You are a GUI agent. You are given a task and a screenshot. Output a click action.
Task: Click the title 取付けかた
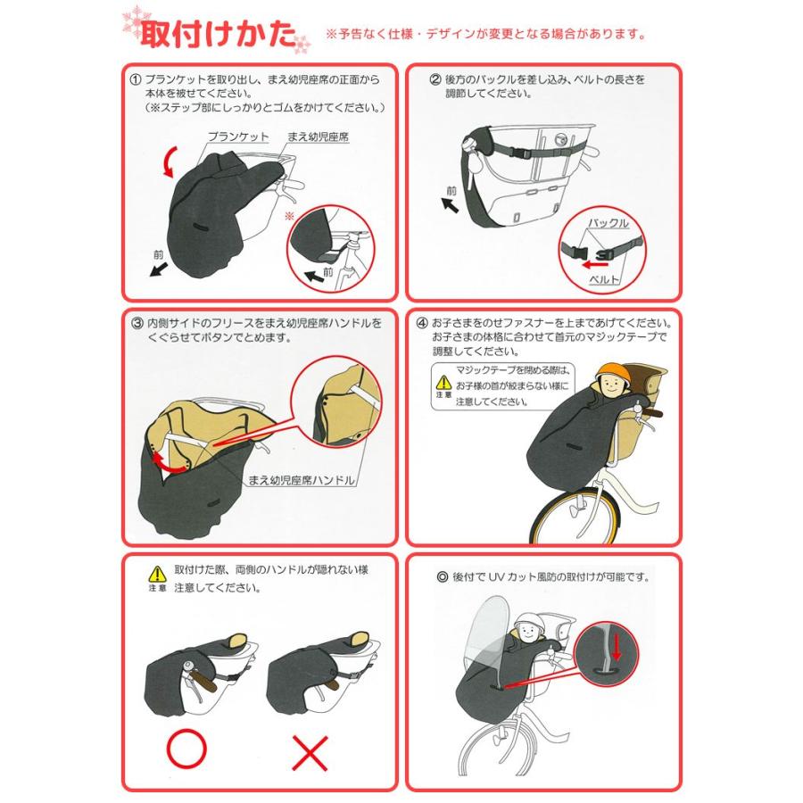[219, 34]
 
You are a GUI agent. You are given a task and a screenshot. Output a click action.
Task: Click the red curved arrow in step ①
[169, 161]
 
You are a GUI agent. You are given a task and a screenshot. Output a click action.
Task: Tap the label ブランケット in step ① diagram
[238, 137]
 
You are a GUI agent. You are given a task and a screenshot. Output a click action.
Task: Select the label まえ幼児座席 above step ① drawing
[318, 137]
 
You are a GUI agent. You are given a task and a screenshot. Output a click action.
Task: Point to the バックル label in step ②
[608, 223]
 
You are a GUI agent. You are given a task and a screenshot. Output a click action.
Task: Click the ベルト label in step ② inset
[604, 279]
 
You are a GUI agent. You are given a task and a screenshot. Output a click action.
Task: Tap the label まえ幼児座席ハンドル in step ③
[302, 480]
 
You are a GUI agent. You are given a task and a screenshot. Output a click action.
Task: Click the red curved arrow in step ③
[169, 462]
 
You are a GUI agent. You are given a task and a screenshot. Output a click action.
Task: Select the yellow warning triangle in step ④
[443, 382]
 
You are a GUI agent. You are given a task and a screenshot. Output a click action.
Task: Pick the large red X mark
[310, 753]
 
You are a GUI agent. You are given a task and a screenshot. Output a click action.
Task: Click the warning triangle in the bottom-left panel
[157, 574]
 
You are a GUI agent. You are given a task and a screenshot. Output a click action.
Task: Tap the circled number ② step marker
[435, 80]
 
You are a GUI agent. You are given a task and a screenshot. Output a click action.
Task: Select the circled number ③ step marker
[137, 324]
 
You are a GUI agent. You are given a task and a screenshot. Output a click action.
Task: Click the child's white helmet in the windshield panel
[530, 623]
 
